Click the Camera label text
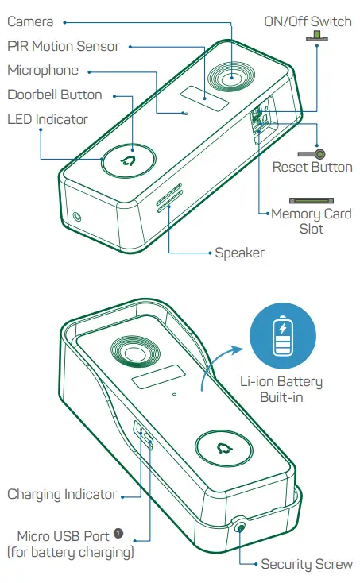tap(30, 21)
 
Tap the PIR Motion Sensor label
tap(63, 46)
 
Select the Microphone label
tap(43, 71)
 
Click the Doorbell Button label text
tap(55, 95)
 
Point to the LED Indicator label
tap(48, 119)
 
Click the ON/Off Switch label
tap(308, 21)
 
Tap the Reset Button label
tap(312, 167)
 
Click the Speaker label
tap(239, 253)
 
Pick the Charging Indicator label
tap(62, 494)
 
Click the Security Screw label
tap(307, 564)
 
